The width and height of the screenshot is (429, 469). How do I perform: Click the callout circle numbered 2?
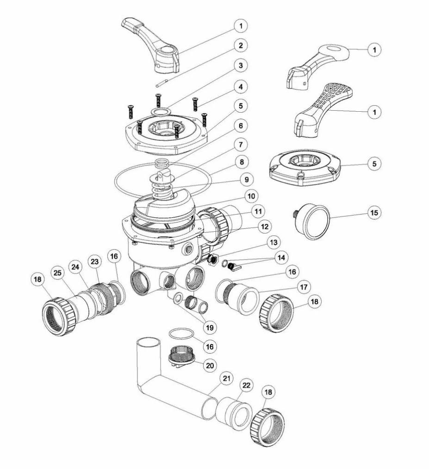(x=241, y=45)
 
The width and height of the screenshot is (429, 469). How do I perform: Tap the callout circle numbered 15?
(x=374, y=213)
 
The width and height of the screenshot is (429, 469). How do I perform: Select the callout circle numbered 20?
(x=210, y=365)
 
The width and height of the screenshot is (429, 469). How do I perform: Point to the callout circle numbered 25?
(x=58, y=273)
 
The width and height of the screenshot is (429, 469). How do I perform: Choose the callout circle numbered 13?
(x=274, y=242)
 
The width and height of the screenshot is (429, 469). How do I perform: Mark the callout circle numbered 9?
(x=247, y=179)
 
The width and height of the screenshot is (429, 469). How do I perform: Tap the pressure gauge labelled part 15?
(x=311, y=222)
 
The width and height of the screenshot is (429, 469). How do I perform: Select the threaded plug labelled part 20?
(x=181, y=357)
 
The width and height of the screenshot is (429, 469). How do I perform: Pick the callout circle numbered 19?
(x=210, y=328)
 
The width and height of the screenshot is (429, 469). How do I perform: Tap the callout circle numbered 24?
(x=75, y=267)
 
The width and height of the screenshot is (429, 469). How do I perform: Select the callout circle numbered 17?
(x=304, y=287)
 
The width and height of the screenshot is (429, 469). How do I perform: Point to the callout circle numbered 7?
(x=241, y=145)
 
